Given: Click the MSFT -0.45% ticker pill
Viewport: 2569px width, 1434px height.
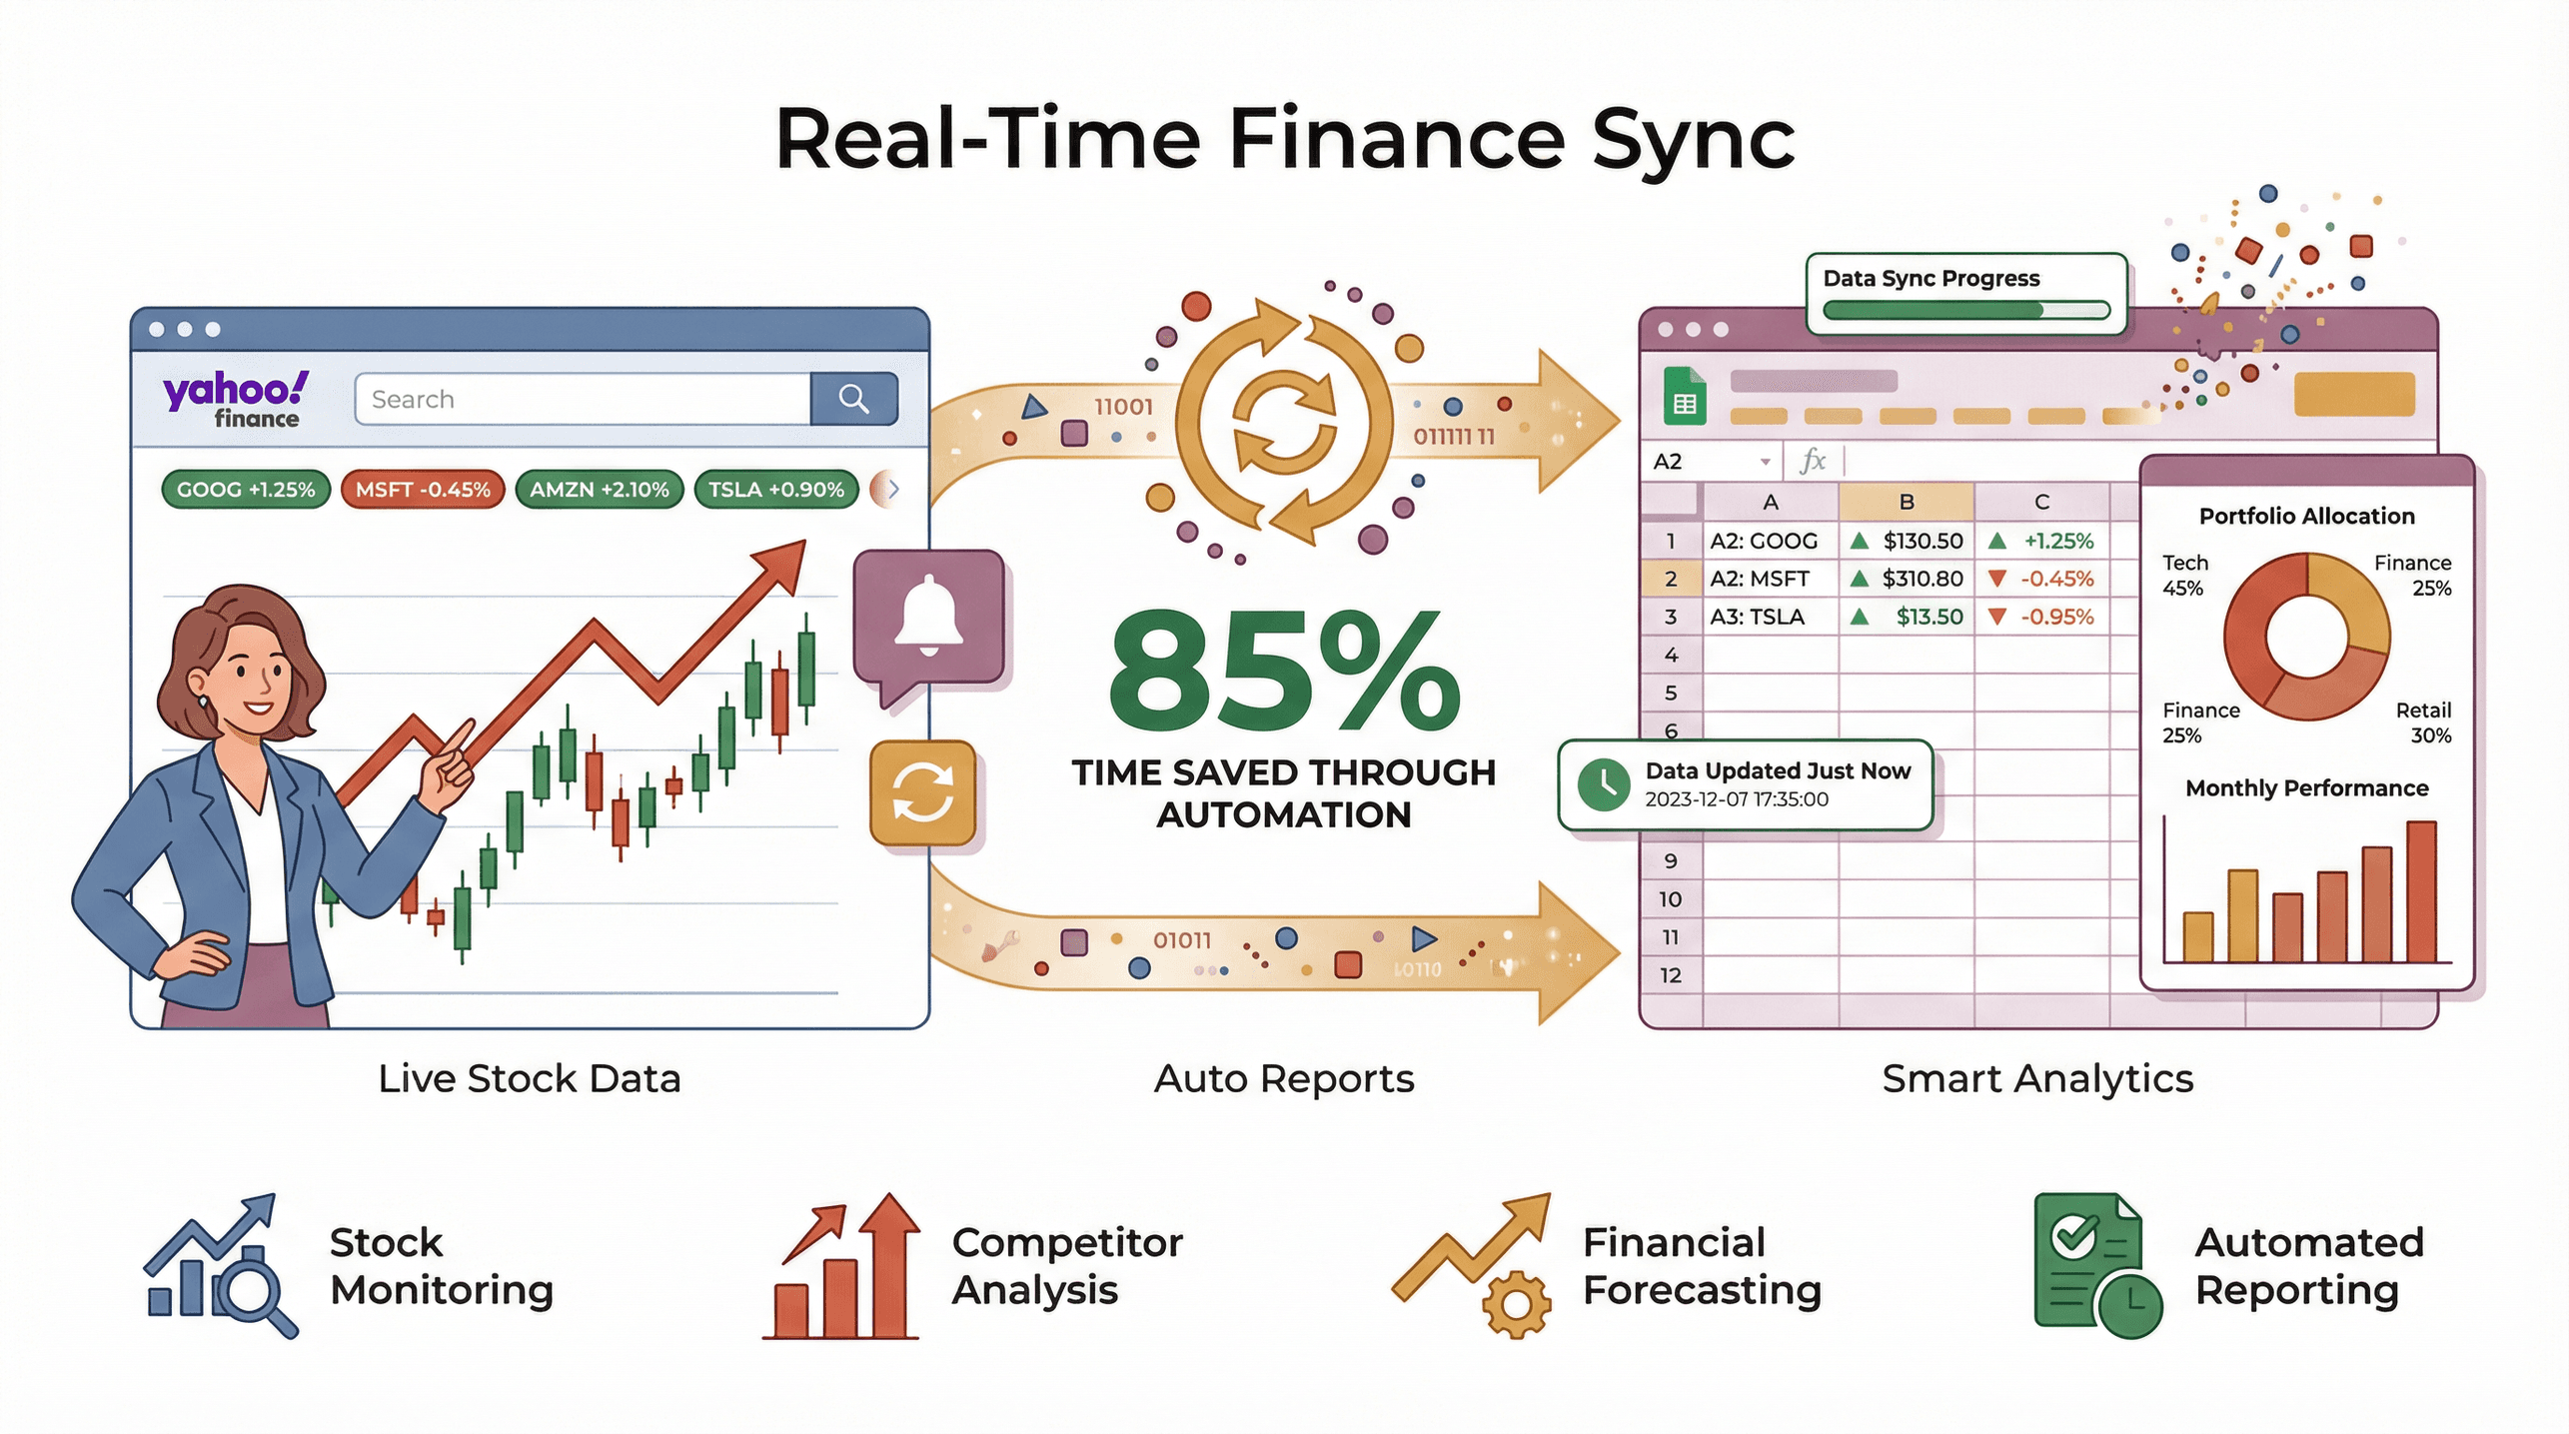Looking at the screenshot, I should tap(423, 490).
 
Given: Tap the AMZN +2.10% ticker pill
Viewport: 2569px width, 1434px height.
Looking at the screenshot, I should tap(599, 490).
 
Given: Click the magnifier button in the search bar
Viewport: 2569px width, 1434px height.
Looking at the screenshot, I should tap(853, 399).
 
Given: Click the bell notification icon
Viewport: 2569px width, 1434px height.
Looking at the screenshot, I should tap(928, 615).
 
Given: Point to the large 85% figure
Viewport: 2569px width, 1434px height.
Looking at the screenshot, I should tap(1283, 672).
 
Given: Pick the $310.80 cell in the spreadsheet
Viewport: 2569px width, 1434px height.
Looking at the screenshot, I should tap(1907, 579).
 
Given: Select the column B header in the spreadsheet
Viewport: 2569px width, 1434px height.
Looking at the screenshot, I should tap(1906, 502).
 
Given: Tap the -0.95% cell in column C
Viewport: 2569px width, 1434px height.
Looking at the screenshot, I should tap(2044, 617).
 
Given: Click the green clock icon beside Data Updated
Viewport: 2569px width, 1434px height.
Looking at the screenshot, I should tap(1604, 784).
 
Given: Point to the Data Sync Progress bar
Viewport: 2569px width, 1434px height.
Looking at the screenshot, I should tap(1964, 310).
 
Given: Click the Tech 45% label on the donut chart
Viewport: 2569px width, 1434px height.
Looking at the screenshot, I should tap(2184, 576).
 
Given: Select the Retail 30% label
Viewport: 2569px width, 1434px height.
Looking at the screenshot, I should tap(2423, 722).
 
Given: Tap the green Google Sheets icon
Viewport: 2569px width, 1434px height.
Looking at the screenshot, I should tap(1685, 399).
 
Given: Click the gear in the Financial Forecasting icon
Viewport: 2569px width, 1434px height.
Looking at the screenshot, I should tap(1516, 1304).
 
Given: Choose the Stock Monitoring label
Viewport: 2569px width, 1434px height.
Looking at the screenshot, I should tap(441, 1266).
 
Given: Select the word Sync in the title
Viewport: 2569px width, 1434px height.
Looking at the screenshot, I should tap(1693, 140).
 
